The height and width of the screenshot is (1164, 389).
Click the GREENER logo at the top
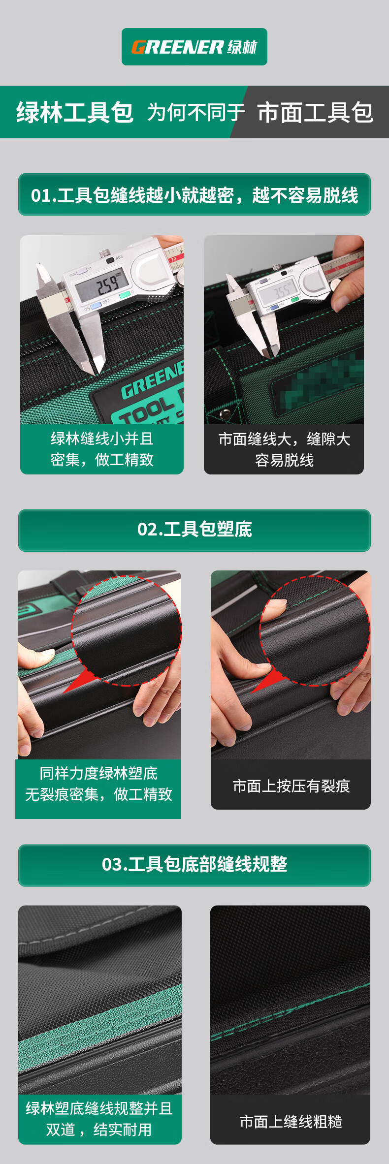point(194,47)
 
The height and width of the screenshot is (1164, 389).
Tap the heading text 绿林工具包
point(75,112)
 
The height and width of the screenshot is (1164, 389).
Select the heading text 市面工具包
point(315,112)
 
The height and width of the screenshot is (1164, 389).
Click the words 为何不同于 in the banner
point(196,112)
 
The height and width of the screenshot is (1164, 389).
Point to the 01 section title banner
point(194,194)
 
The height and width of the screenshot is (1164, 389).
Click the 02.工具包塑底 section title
point(194,530)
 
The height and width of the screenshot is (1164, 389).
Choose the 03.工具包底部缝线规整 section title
point(194,864)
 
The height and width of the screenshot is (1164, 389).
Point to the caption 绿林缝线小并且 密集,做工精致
point(102,449)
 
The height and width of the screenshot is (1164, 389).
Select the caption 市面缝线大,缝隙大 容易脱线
point(284,449)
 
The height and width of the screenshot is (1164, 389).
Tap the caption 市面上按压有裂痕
point(291,786)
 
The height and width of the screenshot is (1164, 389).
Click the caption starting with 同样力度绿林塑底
point(98,784)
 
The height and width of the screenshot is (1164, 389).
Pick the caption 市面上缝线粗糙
point(291,1121)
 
